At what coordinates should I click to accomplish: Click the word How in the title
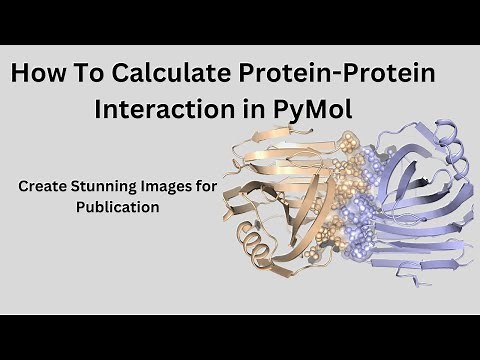point(39,76)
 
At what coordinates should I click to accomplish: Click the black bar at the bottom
point(240,337)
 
